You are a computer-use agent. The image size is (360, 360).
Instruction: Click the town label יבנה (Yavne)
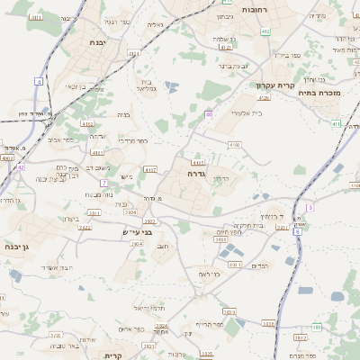98,42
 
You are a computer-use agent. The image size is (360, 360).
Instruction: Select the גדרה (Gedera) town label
197,173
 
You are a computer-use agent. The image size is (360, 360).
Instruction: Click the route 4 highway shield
39,81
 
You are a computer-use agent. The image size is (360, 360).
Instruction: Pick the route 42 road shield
20,166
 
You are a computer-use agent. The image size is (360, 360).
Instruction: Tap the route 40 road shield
209,114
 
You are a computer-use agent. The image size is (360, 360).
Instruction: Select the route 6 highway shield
297,231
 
